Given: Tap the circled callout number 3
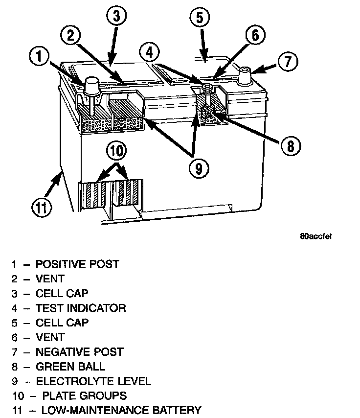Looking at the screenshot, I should point(115,16).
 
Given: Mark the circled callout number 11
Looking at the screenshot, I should point(42,208).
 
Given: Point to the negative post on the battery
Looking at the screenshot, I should point(245,76).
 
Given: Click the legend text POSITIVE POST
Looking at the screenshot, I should point(77,264).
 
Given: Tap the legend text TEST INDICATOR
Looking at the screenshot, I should point(81,308).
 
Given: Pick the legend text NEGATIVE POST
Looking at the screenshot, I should point(80,352).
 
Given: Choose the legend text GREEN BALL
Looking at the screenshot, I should point(70,367).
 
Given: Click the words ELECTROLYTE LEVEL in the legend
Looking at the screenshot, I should point(93,381).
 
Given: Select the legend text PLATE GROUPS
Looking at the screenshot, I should point(85,395).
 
